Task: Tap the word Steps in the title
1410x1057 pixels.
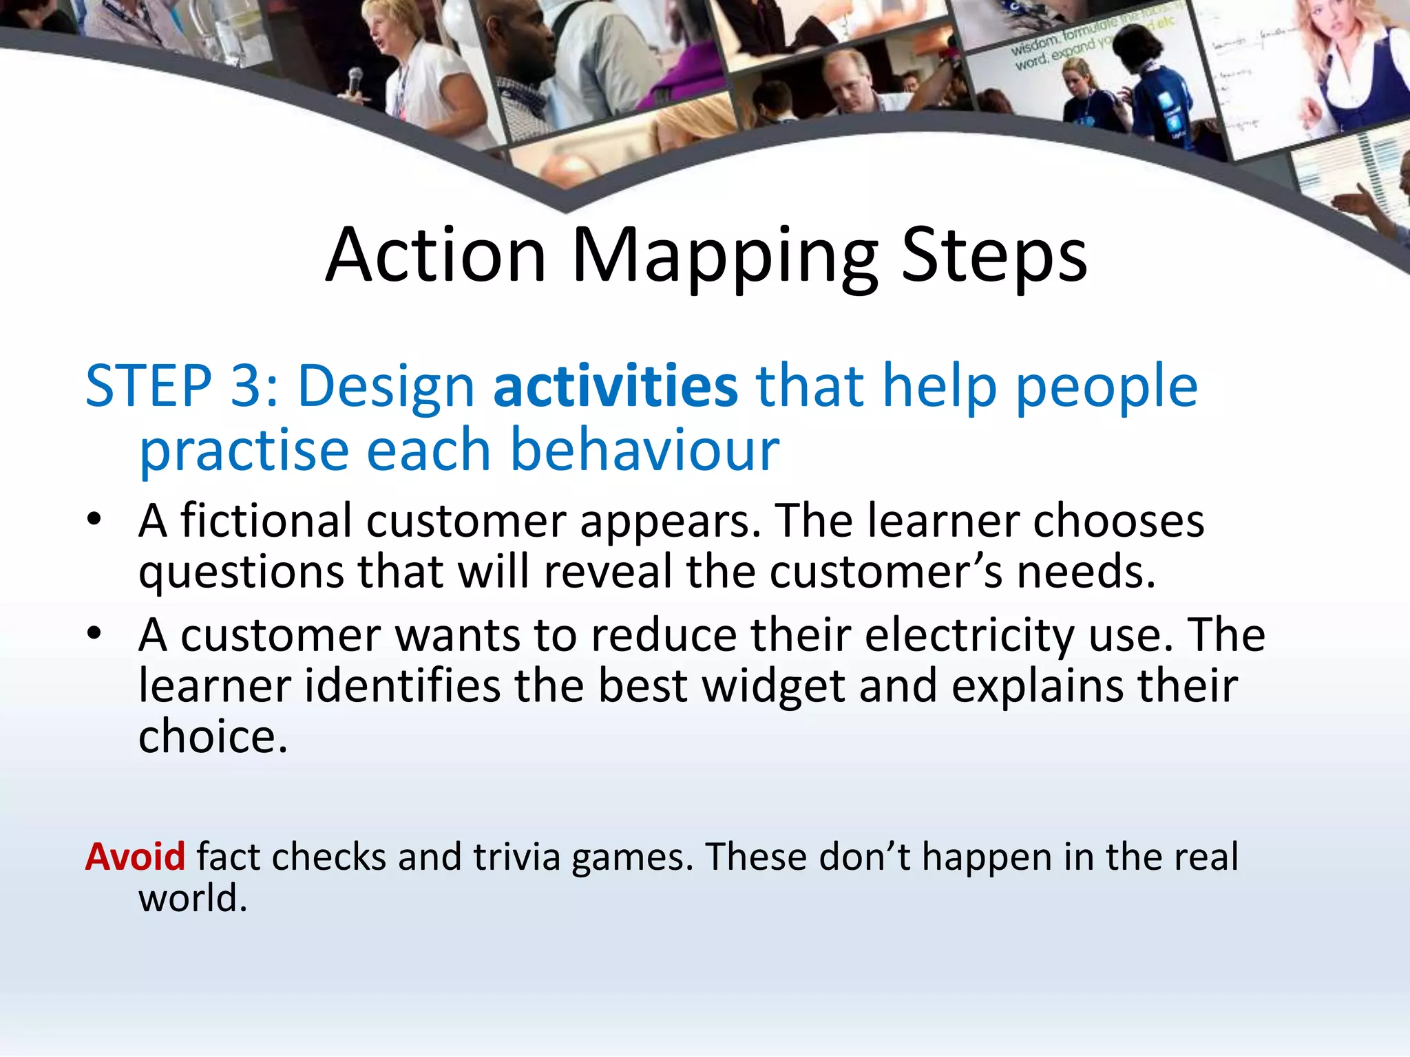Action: tap(994, 255)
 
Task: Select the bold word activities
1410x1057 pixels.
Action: tap(615, 387)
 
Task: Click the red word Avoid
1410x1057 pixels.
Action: tap(135, 857)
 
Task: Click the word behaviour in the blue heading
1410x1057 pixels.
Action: tap(645, 451)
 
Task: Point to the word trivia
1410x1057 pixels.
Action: tap(517, 857)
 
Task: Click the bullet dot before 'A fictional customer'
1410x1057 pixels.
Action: tap(94, 519)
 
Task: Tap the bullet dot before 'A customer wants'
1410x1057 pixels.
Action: tap(94, 633)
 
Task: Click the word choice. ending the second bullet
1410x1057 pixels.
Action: tap(212, 737)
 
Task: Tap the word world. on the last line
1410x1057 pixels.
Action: tap(193, 898)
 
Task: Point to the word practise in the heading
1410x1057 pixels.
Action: tap(244, 451)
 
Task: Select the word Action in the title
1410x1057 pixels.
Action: tap(436, 255)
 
